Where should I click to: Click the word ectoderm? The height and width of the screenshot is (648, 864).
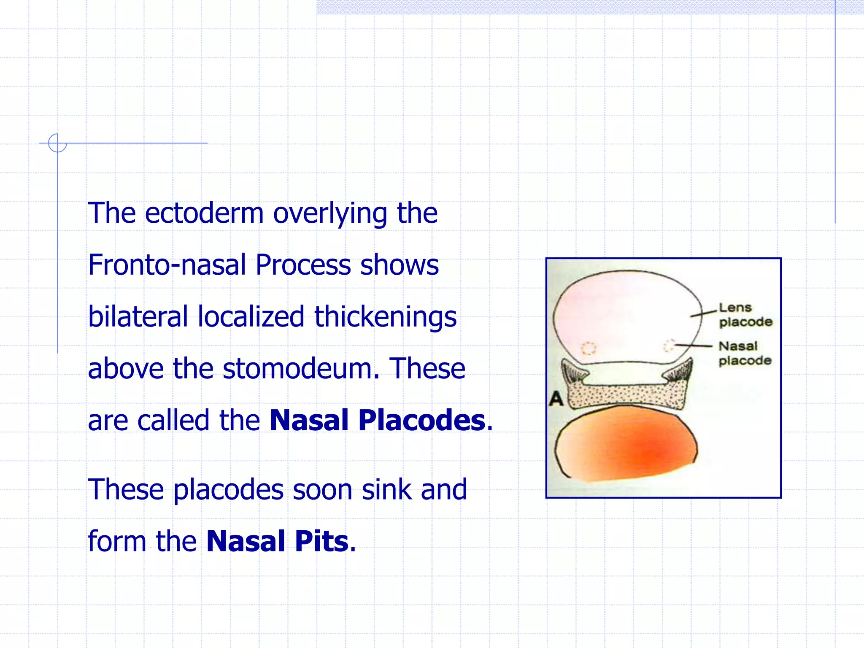click(x=204, y=213)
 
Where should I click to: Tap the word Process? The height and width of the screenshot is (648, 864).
click(x=303, y=265)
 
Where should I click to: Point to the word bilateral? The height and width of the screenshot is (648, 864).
click(x=138, y=317)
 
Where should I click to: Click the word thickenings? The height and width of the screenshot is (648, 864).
click(x=385, y=318)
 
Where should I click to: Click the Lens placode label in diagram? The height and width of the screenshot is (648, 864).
click(x=745, y=315)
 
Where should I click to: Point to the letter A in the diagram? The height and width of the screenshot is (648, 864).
click(x=556, y=398)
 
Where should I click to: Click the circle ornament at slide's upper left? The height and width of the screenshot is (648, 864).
click(x=57, y=143)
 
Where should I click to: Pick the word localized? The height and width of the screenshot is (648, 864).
click(x=251, y=317)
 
